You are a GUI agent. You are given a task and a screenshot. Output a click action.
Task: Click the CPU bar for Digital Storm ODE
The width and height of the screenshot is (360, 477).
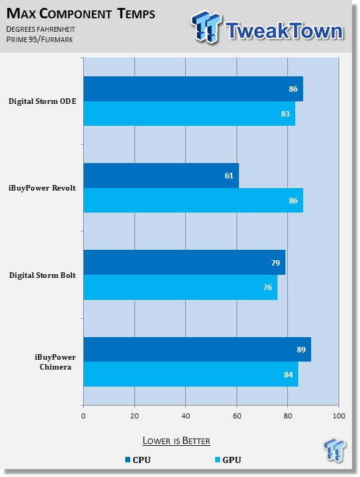(193, 89)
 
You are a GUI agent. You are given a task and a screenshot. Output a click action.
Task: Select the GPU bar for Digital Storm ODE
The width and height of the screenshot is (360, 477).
(189, 114)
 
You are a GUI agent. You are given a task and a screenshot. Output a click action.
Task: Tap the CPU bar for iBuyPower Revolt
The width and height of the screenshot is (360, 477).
(161, 175)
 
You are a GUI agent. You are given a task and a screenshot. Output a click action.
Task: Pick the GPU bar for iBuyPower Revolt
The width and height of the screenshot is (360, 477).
(193, 200)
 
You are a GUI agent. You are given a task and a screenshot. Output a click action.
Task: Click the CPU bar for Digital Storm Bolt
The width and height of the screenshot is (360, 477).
(185, 263)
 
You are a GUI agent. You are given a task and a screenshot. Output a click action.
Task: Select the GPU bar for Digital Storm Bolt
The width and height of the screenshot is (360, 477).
(180, 287)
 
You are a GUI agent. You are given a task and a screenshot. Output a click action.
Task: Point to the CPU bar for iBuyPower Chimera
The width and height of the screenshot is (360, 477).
(197, 349)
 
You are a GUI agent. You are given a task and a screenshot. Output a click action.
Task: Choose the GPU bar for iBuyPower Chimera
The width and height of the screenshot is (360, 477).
(191, 374)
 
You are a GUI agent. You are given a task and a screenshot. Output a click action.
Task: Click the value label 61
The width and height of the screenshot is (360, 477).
(229, 175)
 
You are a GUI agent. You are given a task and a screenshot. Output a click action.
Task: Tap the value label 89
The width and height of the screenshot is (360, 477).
(301, 349)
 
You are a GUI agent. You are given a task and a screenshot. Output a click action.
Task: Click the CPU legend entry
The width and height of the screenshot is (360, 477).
(138, 460)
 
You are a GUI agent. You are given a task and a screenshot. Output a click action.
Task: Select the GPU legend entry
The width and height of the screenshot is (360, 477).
(228, 460)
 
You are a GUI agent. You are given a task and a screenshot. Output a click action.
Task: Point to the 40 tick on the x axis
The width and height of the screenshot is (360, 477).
(186, 416)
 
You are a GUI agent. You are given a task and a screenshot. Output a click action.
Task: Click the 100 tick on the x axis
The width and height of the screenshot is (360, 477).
(339, 416)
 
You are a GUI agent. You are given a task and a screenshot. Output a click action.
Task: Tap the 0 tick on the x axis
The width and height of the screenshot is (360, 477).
(83, 416)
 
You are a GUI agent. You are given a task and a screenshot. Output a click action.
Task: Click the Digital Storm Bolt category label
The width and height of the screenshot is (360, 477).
(42, 275)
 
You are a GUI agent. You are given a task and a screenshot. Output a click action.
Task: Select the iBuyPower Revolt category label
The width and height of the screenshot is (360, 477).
(42, 188)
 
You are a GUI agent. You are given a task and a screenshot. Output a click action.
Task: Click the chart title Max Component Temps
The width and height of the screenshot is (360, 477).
(81, 13)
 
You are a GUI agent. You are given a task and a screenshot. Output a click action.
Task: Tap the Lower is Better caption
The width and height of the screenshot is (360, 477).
(176, 441)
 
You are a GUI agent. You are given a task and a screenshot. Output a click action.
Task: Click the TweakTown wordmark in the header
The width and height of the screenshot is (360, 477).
(284, 31)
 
